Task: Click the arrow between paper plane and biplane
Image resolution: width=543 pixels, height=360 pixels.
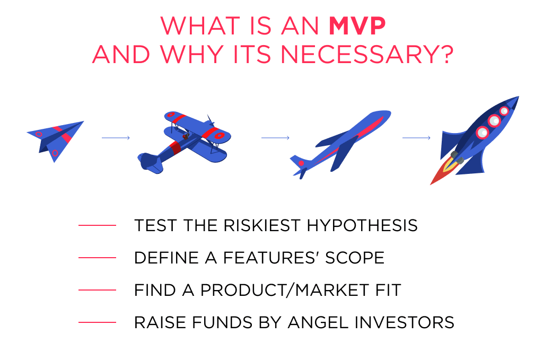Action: tap(116, 138)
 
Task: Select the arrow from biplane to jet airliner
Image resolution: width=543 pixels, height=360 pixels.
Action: tap(275, 138)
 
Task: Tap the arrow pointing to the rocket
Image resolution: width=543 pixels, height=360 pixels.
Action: tap(416, 138)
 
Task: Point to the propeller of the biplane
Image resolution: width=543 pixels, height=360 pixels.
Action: tap(211, 121)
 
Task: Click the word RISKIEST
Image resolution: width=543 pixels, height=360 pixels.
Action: tap(255, 225)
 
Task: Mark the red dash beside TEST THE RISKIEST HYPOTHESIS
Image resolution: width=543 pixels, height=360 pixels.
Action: tap(97, 226)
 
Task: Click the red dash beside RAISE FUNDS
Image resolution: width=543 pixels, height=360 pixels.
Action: tap(97, 322)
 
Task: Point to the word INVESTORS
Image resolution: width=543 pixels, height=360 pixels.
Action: tap(409, 322)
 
